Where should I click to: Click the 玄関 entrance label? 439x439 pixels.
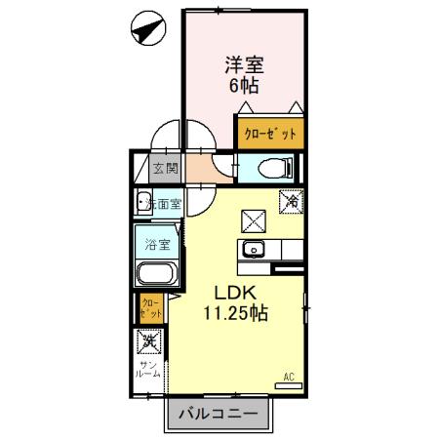pos(165,168)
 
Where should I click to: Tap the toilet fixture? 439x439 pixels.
pos(269,167)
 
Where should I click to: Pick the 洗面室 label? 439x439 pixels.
pos(163,205)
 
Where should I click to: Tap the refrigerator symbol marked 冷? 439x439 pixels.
pos(292,201)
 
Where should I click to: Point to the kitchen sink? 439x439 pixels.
pos(255,249)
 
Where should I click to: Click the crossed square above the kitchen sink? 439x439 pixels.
pos(255,219)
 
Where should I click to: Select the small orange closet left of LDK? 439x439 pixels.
pos(150,309)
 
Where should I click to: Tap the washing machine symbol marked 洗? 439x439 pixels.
pos(149,342)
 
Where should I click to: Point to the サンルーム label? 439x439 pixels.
pos(149,370)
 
